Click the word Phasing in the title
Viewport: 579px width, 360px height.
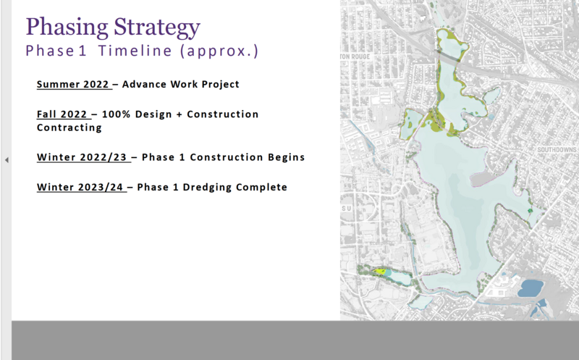pos(67,27)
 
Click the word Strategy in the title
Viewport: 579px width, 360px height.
pos(157,27)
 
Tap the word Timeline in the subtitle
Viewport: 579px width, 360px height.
pos(135,51)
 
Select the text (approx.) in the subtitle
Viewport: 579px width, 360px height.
pos(219,51)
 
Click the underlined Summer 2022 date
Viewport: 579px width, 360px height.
pos(73,84)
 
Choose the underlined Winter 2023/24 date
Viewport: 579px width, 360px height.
pos(80,187)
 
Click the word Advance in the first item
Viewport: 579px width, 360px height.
pos(144,84)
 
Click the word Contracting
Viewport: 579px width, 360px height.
pos(69,127)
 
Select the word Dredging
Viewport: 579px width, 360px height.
pos(207,188)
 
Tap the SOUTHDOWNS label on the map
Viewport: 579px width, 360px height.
pos(557,150)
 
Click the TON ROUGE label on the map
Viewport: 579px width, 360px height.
pos(355,56)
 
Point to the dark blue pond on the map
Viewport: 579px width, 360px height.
pos(531,288)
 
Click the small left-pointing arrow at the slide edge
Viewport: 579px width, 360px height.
pos(7,160)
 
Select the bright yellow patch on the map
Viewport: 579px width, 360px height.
pos(379,272)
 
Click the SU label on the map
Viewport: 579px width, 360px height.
pos(347,209)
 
